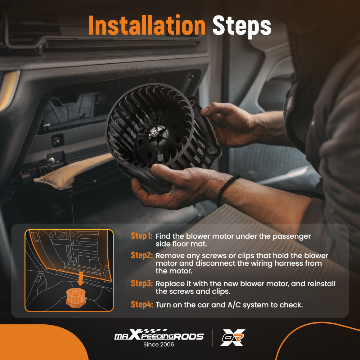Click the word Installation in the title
147,25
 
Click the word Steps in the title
242,27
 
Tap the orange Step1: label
141,236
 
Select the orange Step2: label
141,255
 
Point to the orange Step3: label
141,283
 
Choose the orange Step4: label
141,305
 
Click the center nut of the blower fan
154,132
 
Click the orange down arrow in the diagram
80,279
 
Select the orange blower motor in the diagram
76,298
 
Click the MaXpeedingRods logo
159,335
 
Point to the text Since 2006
159,345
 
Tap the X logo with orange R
233,338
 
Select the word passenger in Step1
292,237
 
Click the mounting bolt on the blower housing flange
213,151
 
